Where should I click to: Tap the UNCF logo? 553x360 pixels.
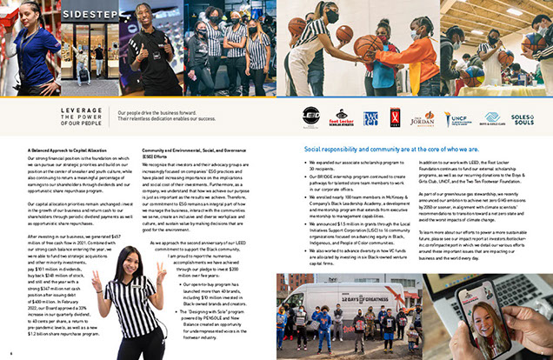coord(457,117)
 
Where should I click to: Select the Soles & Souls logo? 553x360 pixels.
coord(523,117)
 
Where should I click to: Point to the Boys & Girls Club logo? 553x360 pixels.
coord(491,117)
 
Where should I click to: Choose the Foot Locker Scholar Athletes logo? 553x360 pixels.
coord(343,117)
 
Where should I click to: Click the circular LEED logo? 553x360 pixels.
coord(311,117)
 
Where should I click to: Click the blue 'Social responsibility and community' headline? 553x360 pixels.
coord(380,150)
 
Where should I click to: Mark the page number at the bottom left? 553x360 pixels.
coord(10,354)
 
